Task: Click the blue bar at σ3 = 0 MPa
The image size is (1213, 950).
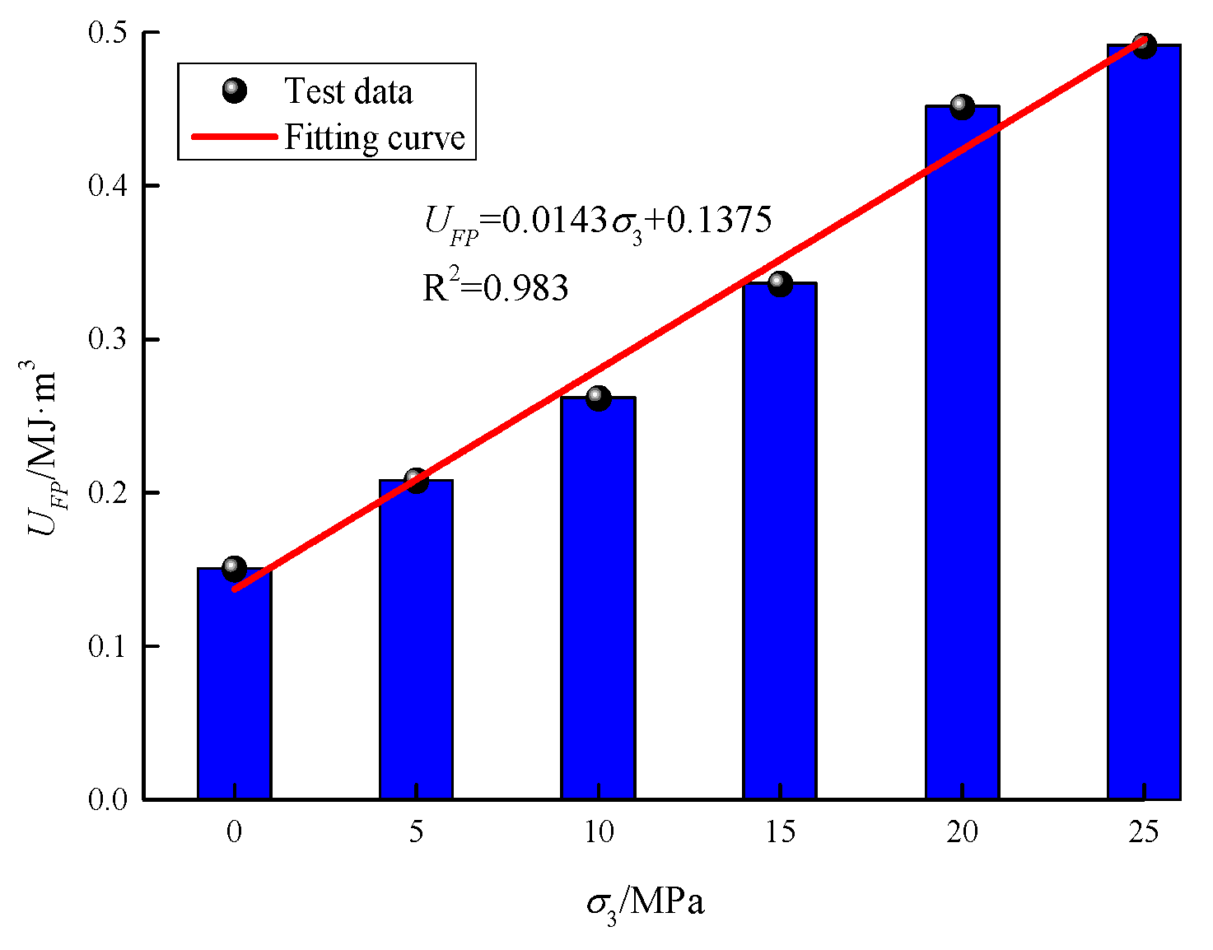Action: (234, 683)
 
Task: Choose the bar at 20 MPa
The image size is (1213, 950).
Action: (962, 453)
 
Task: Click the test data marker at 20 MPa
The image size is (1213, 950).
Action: (962, 106)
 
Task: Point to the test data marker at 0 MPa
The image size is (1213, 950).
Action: (234, 568)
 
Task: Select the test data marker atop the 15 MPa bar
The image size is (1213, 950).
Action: (780, 283)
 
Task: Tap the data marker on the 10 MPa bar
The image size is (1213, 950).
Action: (598, 398)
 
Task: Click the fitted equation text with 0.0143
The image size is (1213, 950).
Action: (598, 221)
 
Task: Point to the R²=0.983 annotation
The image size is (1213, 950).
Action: (495, 286)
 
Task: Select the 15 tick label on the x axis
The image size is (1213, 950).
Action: (780, 832)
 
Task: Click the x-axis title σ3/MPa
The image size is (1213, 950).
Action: (646, 903)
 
